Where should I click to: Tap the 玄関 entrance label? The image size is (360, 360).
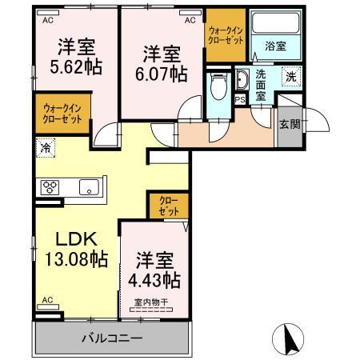(x=290, y=123)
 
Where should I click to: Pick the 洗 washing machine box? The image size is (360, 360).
(x=291, y=78)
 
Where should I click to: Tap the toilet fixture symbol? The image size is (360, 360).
(x=217, y=85)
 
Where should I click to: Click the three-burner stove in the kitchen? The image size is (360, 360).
(x=50, y=189)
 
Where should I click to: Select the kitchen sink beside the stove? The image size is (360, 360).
(x=88, y=189)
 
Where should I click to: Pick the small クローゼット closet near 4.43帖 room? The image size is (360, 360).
(x=167, y=205)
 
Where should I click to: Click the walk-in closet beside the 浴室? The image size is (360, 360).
(x=224, y=34)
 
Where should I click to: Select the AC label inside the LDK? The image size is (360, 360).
(x=46, y=301)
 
